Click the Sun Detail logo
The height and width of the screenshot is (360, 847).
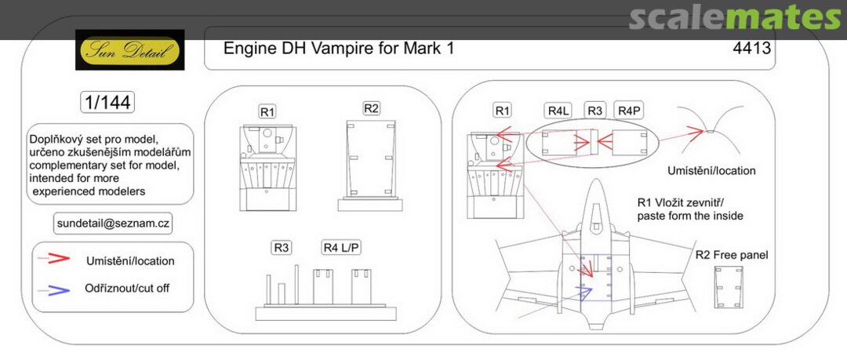pos(130,50)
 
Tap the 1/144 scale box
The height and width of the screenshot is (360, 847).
pos(107,103)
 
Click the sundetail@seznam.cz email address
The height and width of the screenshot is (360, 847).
pos(114,223)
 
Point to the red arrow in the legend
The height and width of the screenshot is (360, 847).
pos(59,260)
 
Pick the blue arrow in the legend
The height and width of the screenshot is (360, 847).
pos(59,288)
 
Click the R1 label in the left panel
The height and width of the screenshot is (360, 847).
pos(267,112)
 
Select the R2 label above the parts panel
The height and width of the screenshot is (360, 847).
pos(372,108)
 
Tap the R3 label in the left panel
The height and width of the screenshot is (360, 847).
pos(282,248)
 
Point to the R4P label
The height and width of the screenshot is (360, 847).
pos(629,111)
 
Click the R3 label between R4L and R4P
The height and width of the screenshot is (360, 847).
pos(596,111)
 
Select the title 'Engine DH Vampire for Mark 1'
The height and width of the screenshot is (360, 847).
pos(339,49)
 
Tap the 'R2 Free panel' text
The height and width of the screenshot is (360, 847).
pos(732,256)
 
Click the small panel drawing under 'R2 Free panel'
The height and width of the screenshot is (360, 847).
pos(729,288)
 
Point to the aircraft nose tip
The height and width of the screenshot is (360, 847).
pos(594,182)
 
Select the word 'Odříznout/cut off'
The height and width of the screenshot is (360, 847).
pos(127,288)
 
